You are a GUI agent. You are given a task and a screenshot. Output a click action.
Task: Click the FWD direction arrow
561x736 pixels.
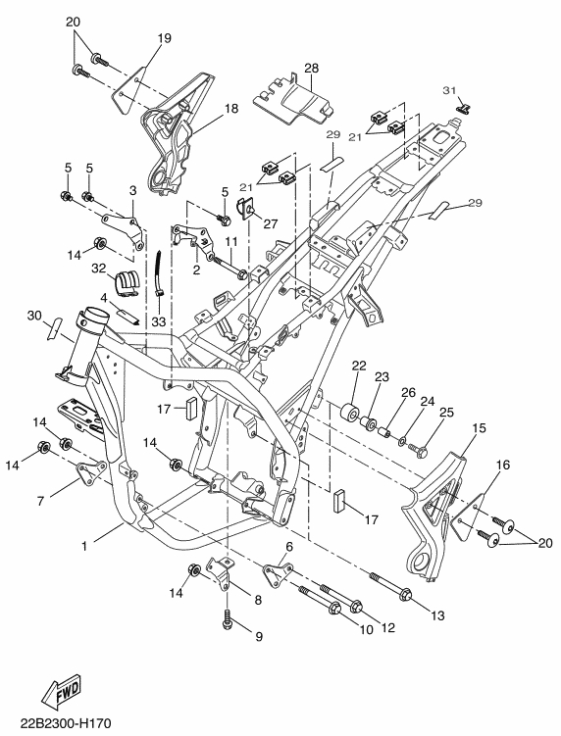pos(62,692)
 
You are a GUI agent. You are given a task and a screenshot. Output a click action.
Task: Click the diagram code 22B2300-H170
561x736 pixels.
pos(66,723)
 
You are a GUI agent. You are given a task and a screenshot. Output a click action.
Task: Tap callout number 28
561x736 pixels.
pos(311,68)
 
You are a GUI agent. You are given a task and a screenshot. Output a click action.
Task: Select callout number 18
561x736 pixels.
pos(231,109)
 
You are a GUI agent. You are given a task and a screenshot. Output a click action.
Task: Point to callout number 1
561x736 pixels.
pos(84,547)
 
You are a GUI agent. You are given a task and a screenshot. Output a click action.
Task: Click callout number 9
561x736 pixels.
pos(259,637)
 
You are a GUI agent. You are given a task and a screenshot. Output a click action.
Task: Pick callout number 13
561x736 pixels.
pos(437,615)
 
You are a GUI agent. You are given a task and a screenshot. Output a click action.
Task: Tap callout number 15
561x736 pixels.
pos(480,428)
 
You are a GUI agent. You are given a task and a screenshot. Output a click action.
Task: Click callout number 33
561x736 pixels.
pos(159,322)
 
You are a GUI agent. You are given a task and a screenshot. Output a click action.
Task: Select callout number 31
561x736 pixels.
pos(449,90)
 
